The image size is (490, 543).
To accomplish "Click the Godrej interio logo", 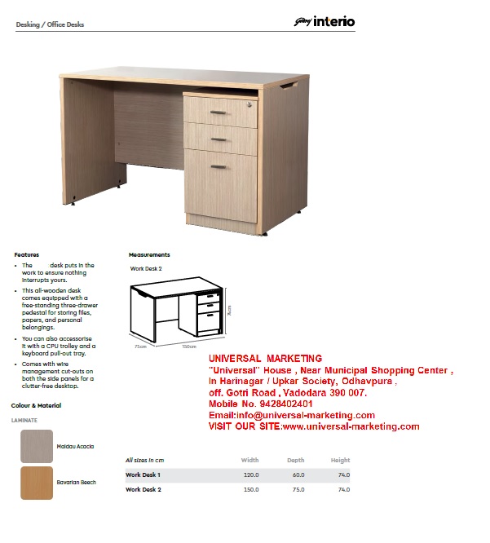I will [324, 22].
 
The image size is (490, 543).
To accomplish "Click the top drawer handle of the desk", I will [219, 113].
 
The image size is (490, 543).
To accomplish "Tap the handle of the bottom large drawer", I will [219, 166].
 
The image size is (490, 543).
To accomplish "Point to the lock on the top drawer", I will [251, 104].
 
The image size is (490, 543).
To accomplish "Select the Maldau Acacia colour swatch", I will [37, 446].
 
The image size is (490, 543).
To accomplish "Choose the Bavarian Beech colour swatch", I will [37, 483].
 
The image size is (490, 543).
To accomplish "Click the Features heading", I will [26, 255].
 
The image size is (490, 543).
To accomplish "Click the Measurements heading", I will [149, 255].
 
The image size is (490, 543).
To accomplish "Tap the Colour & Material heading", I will [36, 405].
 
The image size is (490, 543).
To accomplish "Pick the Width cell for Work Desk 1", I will [250, 475].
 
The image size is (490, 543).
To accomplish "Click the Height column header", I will [340, 460].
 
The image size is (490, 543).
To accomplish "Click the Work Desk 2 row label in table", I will [143, 489].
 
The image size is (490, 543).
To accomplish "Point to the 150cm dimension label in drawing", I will [189, 347].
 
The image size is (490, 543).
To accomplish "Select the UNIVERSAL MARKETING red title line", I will [265, 359].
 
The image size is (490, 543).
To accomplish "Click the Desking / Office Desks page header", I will [50, 24].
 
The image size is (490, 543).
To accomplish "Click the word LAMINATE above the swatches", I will [24, 421].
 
